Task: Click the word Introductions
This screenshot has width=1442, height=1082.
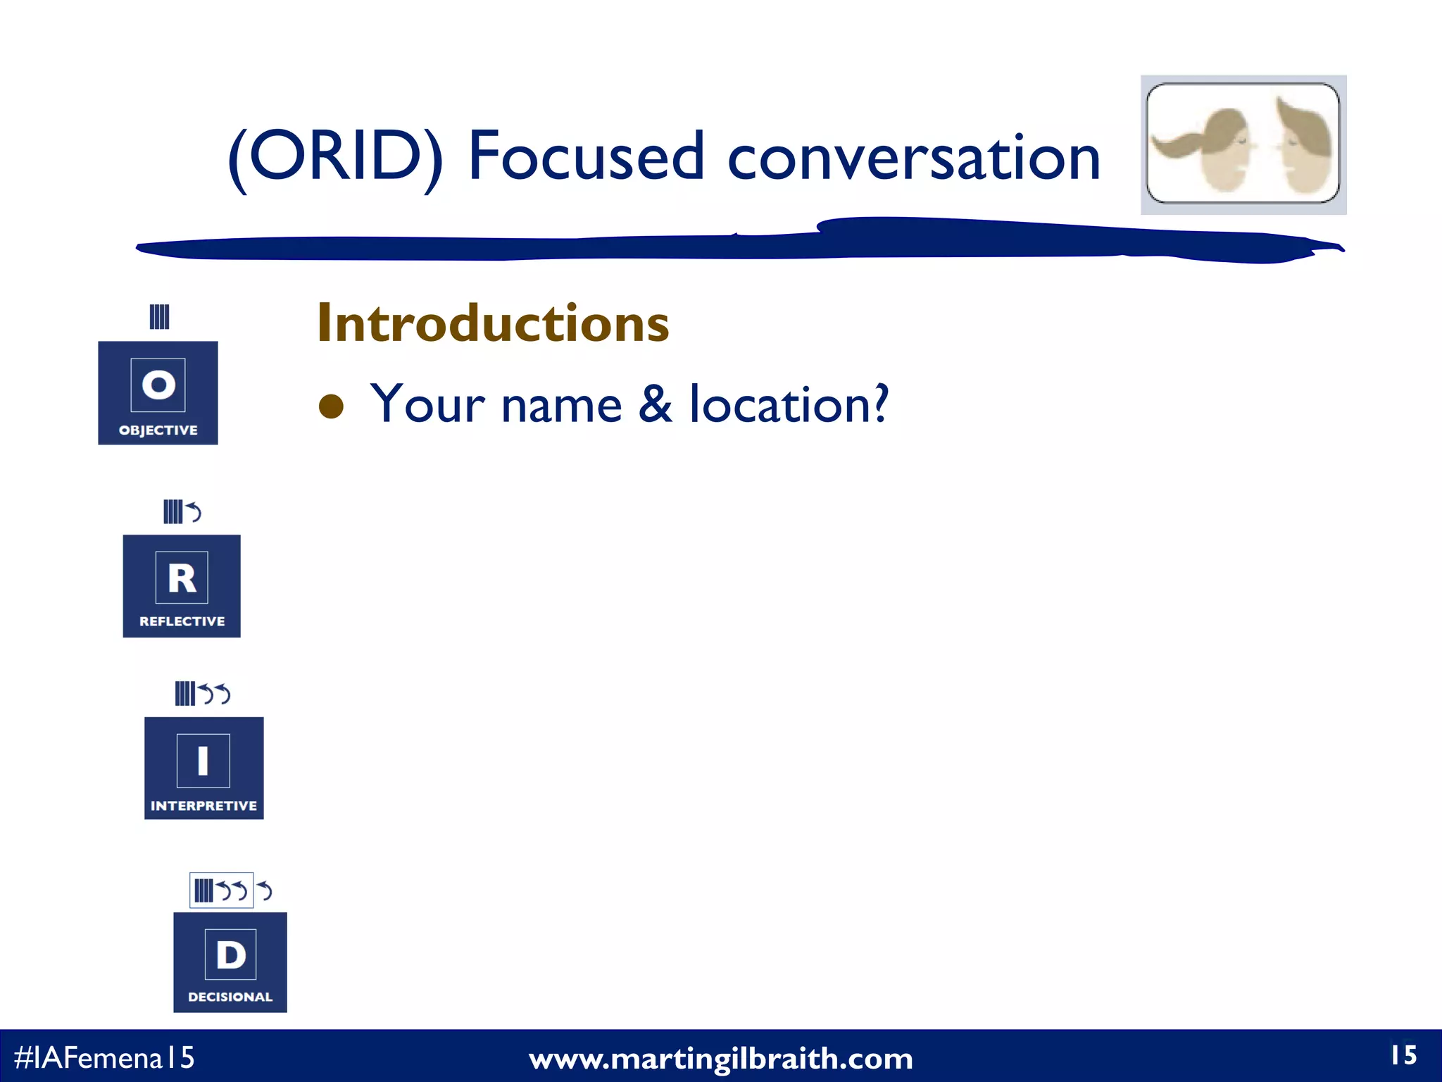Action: pos(493,323)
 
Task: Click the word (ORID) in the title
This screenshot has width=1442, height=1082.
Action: pos(336,157)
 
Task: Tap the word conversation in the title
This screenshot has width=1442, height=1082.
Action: pos(913,157)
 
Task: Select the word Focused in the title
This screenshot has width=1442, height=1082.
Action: pos(586,156)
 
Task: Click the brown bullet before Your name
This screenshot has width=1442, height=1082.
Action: pos(331,406)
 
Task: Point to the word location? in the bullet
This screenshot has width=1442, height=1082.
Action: pos(789,404)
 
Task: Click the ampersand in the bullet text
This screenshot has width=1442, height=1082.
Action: pos(656,404)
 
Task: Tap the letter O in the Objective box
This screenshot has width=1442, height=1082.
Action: pos(158,385)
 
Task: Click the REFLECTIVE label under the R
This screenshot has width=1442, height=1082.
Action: pos(182,621)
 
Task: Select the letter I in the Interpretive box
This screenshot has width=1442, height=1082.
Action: pos(203,761)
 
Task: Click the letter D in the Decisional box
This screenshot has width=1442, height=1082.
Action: pos(230,955)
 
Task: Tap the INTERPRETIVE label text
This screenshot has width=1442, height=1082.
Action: pos(203,806)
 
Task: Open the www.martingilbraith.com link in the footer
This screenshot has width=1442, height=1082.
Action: pos(720,1059)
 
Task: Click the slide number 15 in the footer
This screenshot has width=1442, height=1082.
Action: pos(1403,1055)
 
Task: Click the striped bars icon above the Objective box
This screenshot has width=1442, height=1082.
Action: pos(159,317)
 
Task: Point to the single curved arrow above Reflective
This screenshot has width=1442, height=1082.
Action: pos(194,511)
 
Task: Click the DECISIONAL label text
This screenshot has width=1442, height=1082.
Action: pos(230,997)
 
